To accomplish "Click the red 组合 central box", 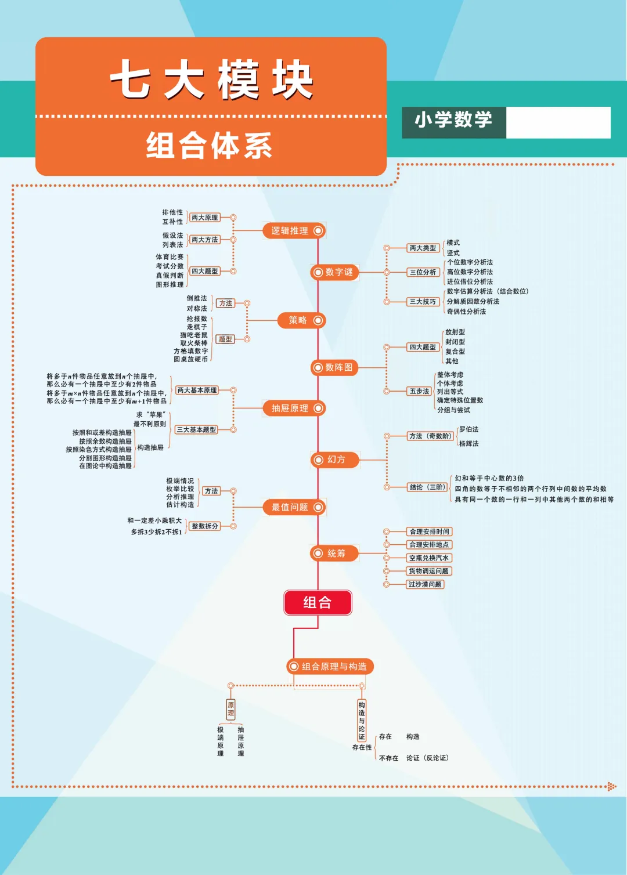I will (318, 602).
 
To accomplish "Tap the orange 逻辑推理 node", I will (294, 230).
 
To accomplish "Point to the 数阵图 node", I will (334, 367).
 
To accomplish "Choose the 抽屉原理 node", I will (294, 408).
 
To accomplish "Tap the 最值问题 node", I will (294, 507).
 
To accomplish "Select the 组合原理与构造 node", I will (330, 667).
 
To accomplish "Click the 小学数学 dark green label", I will (453, 121).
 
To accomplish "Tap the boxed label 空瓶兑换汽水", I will (428, 558).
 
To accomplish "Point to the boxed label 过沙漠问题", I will (425, 584).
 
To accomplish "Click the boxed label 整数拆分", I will (205, 526).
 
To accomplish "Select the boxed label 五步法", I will (419, 391).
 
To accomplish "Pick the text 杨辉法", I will (469, 443).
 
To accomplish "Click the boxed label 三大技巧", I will (423, 302).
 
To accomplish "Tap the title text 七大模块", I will (211, 81).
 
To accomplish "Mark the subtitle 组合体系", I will (209, 145).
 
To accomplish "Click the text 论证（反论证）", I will (427, 758).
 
